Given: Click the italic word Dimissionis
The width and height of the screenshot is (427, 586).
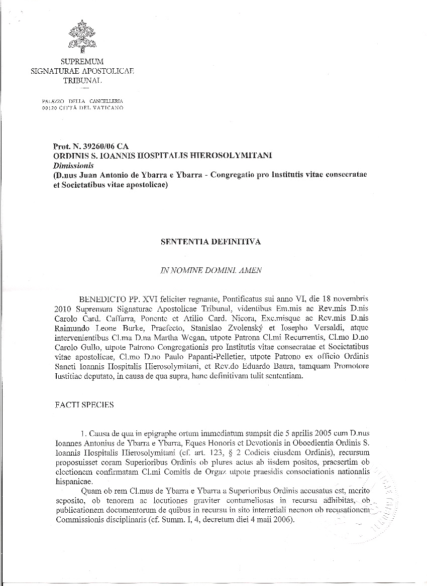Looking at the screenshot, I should (70, 165).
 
